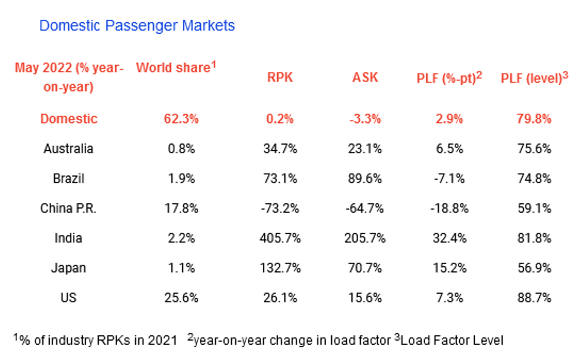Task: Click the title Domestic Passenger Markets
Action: pyautogui.click(x=137, y=25)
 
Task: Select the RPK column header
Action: pyautogui.click(x=280, y=77)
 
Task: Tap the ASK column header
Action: pyautogui.click(x=365, y=77)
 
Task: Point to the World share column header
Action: pyautogui.click(x=176, y=67)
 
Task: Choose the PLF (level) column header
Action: pyautogui.click(x=534, y=78)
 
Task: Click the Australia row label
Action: pyautogui.click(x=69, y=149)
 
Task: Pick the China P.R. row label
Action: pyautogui.click(x=69, y=208)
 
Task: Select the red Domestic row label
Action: pyautogui.click(x=69, y=119)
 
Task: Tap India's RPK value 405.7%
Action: pyautogui.click(x=280, y=238)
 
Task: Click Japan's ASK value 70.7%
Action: pyautogui.click(x=365, y=268)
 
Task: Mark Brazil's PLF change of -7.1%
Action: pyautogui.click(x=449, y=178)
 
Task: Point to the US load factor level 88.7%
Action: pyautogui.click(x=534, y=298)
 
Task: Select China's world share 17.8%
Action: pyautogui.click(x=181, y=208)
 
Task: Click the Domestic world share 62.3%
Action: pyautogui.click(x=181, y=119)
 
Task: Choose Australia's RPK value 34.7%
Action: pyautogui.click(x=280, y=149)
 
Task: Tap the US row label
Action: pyautogui.click(x=69, y=298)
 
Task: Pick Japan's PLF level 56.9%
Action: pyautogui.click(x=534, y=268)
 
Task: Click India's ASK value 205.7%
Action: pyautogui.click(x=365, y=238)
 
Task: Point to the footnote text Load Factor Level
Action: pyautogui.click(x=452, y=340)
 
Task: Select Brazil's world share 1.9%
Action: pyautogui.click(x=181, y=178)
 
